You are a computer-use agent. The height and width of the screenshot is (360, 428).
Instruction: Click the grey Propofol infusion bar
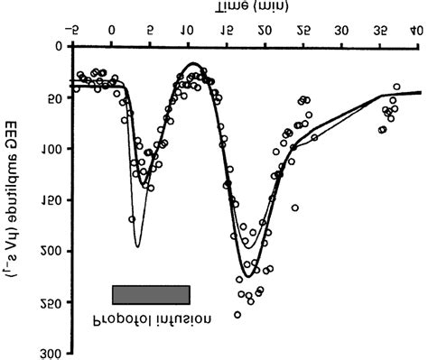(151, 294)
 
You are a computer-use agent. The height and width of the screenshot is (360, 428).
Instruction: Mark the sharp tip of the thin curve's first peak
(137, 246)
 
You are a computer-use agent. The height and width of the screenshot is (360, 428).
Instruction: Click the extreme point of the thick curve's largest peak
(247, 276)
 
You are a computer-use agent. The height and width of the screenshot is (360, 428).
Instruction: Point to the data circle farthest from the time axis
(237, 314)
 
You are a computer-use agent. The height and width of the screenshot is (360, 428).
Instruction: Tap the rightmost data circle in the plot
(396, 87)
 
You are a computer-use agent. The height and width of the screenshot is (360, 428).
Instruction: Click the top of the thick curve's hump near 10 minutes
(192, 64)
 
